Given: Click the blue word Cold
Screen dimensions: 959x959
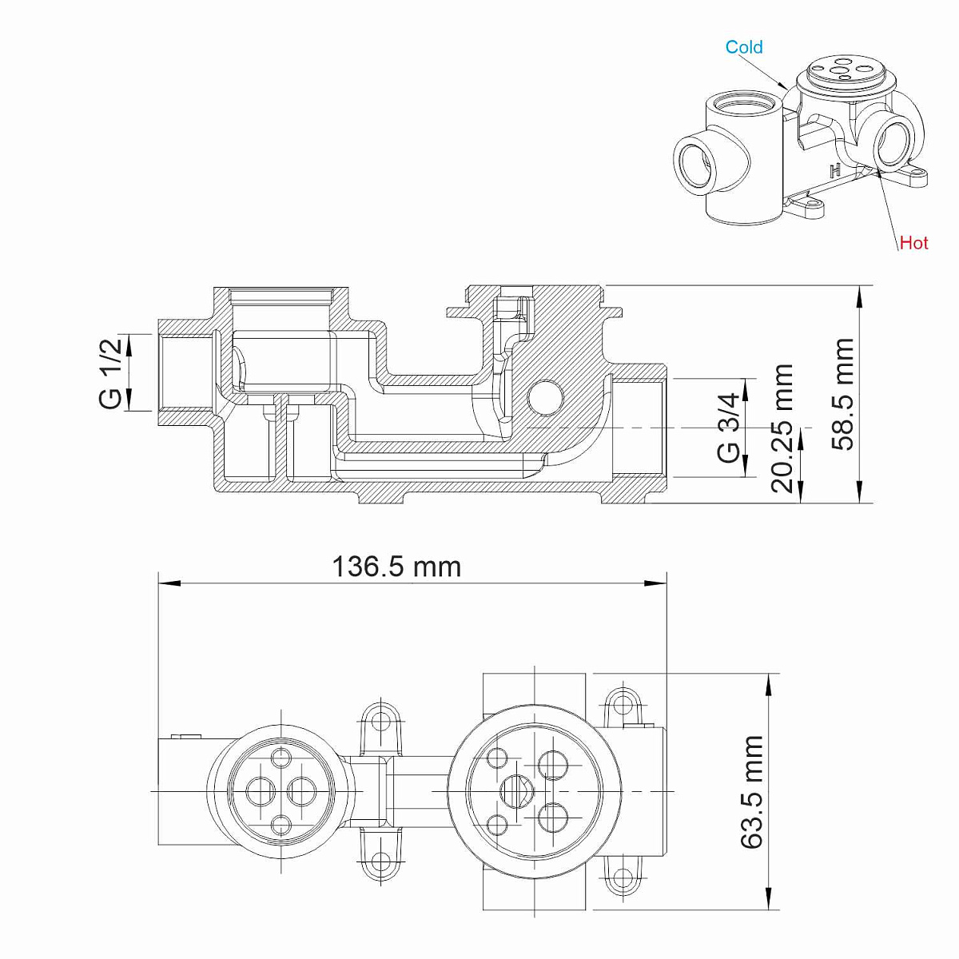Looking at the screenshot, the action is pyautogui.click(x=743, y=47).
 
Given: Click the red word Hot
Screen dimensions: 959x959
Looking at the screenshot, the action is pyautogui.click(x=914, y=243).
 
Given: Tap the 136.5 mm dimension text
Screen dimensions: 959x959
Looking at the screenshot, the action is pyautogui.click(x=396, y=567).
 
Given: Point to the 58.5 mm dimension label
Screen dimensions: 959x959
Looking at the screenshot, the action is pyautogui.click(x=842, y=395).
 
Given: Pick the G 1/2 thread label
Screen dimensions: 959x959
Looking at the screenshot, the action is pyautogui.click(x=110, y=373).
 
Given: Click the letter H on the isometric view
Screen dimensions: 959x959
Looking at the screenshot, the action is pyautogui.click(x=836, y=169).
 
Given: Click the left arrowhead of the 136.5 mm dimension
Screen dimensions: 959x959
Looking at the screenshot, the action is pyautogui.click(x=169, y=583).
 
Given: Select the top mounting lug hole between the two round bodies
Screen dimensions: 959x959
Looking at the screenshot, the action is pyautogui.click(x=380, y=721).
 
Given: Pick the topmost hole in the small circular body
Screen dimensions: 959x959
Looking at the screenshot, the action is pyautogui.click(x=281, y=757).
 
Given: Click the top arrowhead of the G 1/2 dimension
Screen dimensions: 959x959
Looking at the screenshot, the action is pyautogui.click(x=129, y=345).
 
